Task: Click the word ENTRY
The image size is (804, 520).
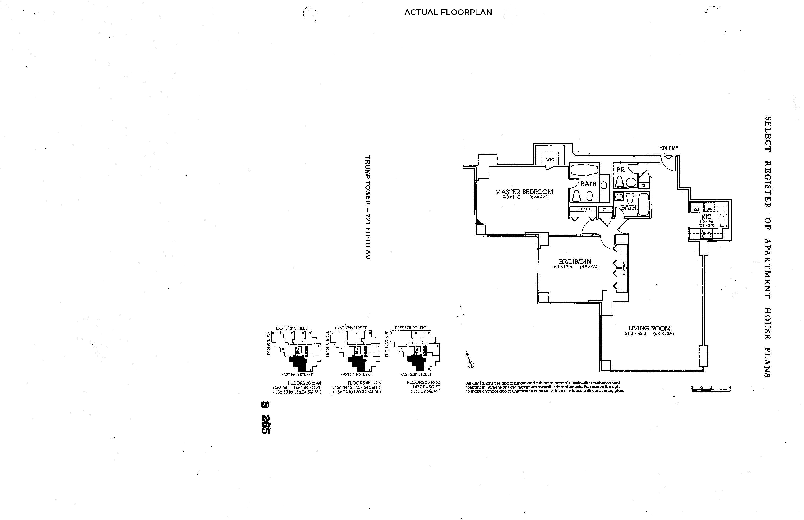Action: point(669,148)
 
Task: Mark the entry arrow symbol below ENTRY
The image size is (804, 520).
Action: point(668,156)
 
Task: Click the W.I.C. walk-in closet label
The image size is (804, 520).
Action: point(550,159)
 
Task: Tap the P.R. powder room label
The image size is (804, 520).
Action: point(621,170)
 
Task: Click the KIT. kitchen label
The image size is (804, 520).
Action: point(706,217)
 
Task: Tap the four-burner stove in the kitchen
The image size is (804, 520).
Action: point(706,233)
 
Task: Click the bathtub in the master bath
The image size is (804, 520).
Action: point(584,170)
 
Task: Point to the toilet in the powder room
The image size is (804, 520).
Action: point(620,182)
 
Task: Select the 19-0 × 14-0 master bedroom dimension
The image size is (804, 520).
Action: point(511,197)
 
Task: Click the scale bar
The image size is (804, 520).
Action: point(711,389)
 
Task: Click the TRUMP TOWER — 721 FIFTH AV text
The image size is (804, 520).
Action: point(367,207)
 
